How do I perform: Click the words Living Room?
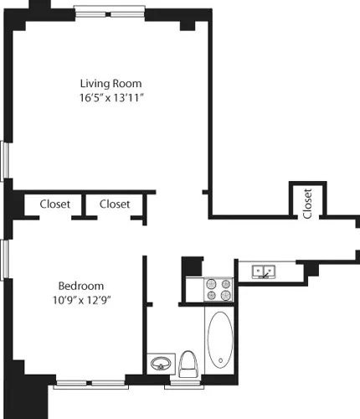[x=111, y=84]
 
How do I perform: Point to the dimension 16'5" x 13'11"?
[x=111, y=98]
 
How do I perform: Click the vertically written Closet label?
[x=308, y=203]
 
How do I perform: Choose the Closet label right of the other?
[x=115, y=204]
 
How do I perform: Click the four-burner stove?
[x=219, y=289]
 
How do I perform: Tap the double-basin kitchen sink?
[x=265, y=272]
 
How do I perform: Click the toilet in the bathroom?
[x=188, y=363]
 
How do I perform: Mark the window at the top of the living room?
[x=107, y=13]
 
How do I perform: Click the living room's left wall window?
[x=5, y=159]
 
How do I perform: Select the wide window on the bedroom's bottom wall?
[x=90, y=385]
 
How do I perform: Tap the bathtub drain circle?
[x=219, y=363]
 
